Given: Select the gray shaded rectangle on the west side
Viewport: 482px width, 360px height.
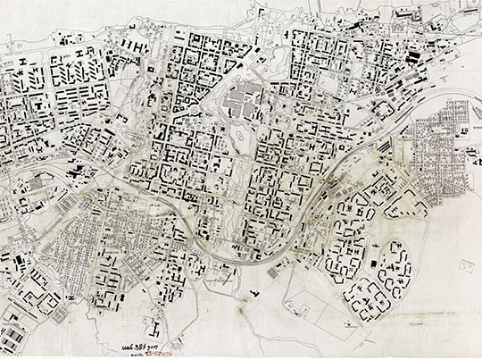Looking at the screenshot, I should coord(37,183).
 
